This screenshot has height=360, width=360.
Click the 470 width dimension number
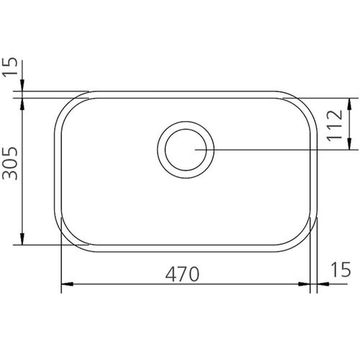click(182, 274)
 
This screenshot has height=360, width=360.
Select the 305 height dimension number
click(10, 163)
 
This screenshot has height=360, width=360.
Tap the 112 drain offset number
click(334, 125)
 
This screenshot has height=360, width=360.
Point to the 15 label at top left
click(10, 66)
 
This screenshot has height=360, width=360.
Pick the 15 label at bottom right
click(341, 269)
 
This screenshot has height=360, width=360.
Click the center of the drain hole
click(186, 150)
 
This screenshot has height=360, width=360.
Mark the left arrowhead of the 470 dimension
click(67, 284)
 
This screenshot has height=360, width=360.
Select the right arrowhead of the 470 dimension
click(304, 284)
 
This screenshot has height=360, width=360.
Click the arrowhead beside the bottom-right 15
click(323, 284)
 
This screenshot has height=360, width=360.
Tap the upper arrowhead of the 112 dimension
click(349, 104)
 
